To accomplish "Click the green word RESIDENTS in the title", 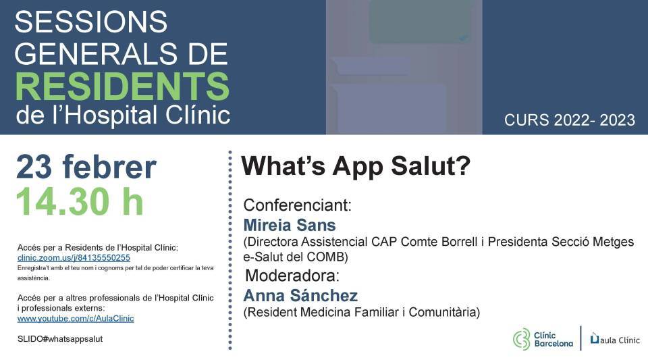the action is [122, 86].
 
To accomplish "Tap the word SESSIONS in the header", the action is [91, 22].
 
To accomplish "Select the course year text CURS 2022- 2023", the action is [570, 120].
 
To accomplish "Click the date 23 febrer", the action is [86, 167].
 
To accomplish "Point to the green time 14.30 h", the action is [80, 201].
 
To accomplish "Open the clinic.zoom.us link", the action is [74, 258].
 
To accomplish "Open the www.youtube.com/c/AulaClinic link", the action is [76, 319].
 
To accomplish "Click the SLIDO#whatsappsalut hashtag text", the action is [60, 339].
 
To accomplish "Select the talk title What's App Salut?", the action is [356, 166].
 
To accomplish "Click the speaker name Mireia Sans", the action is [290, 226].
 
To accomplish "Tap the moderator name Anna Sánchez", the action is [300, 296].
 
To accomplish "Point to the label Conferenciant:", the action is [298, 205].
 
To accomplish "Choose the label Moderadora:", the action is [292, 276].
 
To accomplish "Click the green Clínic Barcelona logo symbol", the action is [521, 339].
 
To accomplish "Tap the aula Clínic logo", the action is [615, 339].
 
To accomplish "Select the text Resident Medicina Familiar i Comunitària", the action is [362, 312].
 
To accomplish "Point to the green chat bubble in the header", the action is [421, 21].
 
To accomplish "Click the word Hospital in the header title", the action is [111, 115].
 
